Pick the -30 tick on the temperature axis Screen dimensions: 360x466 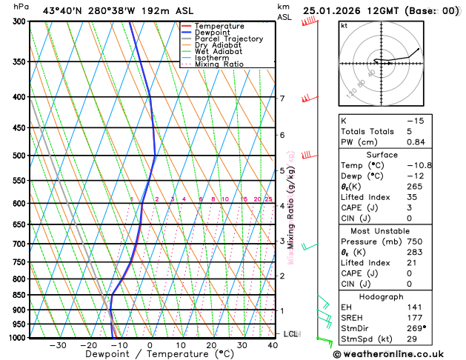57,345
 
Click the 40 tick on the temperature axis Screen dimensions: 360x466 273,345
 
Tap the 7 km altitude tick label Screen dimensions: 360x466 282,99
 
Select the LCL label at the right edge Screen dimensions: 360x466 290,334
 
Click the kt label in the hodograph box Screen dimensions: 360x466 344,26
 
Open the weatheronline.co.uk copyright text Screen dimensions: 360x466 398,354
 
